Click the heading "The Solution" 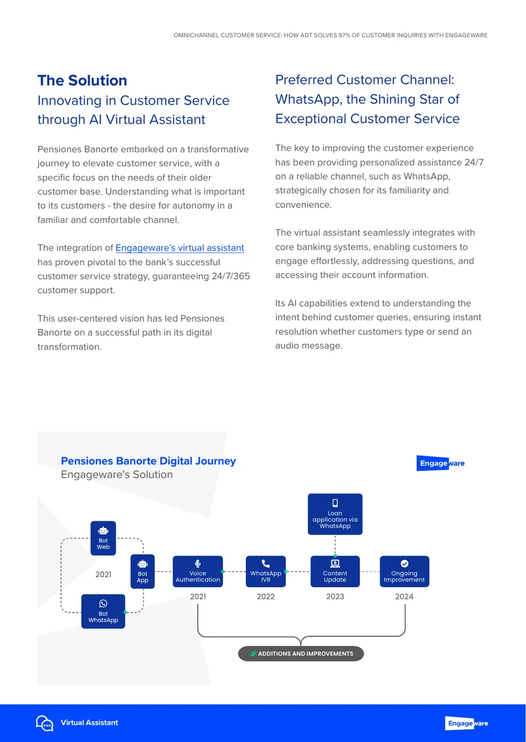[82, 81]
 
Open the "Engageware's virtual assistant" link [179, 248]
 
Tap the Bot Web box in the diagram [103, 538]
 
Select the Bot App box [143, 571]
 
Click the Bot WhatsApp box [103, 611]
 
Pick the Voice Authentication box [198, 571]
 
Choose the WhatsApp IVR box [266, 571]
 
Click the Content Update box [335, 571]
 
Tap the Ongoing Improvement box [404, 571]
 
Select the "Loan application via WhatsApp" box [335, 514]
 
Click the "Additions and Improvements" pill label [301, 653]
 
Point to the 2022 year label [266, 597]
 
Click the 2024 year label [404, 597]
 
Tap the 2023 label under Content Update [335, 597]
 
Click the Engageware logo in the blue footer [467, 723]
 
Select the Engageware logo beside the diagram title [441, 464]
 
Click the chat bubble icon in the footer [45, 723]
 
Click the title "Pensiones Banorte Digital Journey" [149, 461]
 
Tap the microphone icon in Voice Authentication [198, 563]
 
